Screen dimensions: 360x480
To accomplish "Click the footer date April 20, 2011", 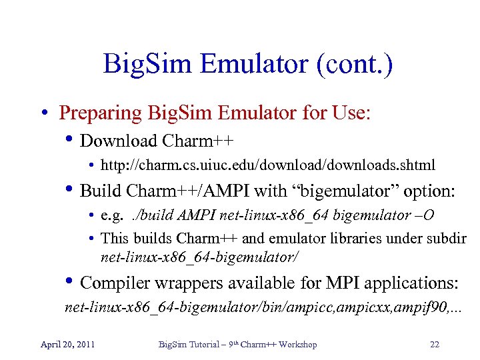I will [x=67, y=344].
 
